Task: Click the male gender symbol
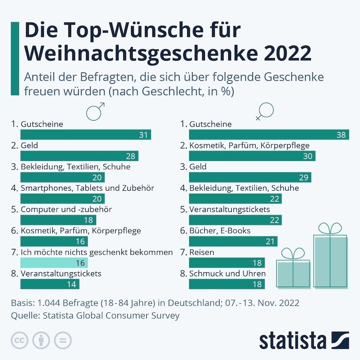[x=95, y=111]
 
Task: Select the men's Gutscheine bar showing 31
[x=85, y=135]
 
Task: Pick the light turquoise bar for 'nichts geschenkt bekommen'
[x=54, y=263]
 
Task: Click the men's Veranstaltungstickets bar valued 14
[x=49, y=284]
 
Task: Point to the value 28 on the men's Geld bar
[x=130, y=156]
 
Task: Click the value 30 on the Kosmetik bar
[x=308, y=156]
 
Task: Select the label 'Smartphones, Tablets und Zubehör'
[x=87, y=188]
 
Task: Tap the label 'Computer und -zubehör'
[x=66, y=209]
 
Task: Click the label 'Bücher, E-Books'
[x=220, y=230]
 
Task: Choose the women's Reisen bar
[x=227, y=263]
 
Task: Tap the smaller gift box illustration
[x=293, y=270]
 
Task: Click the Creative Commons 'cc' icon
[x=19, y=340]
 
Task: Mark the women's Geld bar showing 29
[x=250, y=177]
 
